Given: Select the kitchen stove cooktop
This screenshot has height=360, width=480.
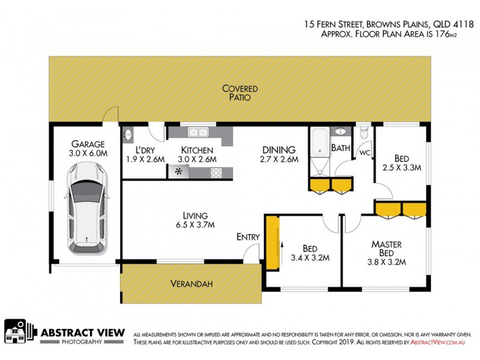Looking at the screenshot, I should tap(216, 173).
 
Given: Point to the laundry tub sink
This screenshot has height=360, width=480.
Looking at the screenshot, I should tap(127, 134).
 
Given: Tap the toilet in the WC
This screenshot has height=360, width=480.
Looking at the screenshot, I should tap(362, 132).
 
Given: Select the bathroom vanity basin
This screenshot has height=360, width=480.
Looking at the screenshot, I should tap(341, 131).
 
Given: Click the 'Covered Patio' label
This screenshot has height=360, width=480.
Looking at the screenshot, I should tap(236, 92).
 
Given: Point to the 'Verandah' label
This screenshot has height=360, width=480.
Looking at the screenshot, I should tap(191, 284).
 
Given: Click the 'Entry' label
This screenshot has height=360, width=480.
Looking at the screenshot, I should tap(248, 237).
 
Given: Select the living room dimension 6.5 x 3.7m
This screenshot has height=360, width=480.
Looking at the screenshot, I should tap(195, 225).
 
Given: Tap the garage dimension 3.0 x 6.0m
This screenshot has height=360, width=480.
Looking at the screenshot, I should tap(88, 153).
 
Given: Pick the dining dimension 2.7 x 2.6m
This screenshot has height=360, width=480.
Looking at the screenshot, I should tap(278, 159).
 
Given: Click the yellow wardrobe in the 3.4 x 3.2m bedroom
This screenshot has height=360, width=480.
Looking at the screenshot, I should tap(273, 241).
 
